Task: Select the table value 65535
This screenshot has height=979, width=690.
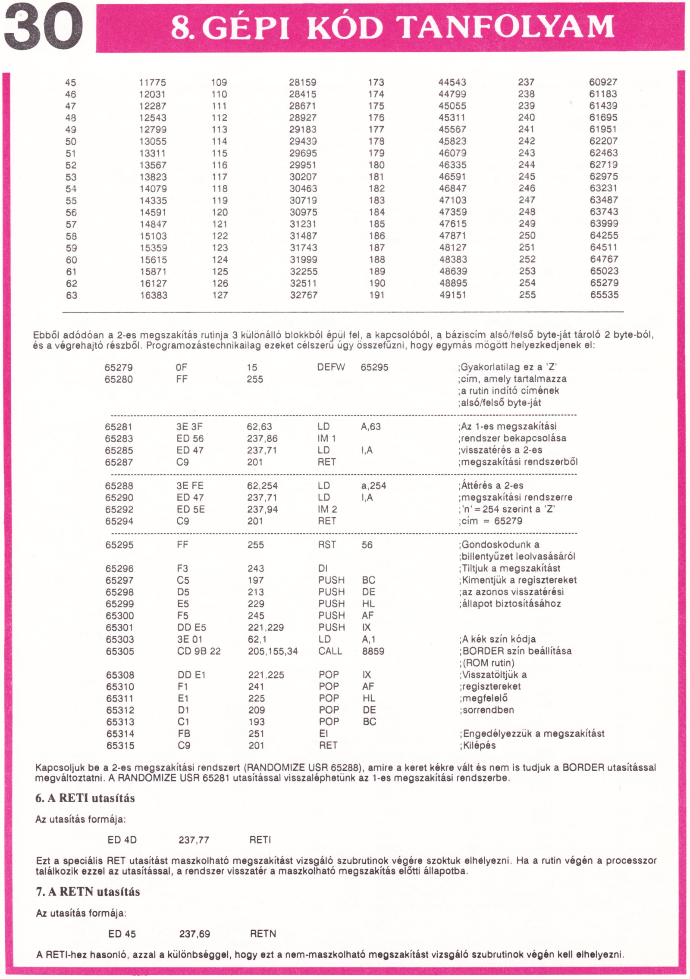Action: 604,295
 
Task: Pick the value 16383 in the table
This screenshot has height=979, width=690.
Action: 154,295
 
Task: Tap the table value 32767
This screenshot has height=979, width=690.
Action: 303,295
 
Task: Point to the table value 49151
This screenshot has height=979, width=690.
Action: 452,295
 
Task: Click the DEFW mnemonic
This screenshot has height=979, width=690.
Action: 331,367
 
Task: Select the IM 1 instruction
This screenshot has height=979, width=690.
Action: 326,438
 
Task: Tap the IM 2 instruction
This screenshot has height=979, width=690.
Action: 327,509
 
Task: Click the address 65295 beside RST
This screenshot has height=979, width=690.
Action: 119,545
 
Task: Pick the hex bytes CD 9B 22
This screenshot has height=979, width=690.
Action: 199,651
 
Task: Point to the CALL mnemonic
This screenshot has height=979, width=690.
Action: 330,651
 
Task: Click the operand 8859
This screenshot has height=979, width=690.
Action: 373,651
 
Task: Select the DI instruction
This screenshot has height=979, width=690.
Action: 323,569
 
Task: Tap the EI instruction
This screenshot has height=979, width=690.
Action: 323,734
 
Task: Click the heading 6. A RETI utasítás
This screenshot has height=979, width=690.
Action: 85,798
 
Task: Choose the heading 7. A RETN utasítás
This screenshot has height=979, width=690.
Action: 88,891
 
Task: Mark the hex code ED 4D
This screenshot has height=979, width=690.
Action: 122,840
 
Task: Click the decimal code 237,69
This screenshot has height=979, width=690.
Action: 194,934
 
